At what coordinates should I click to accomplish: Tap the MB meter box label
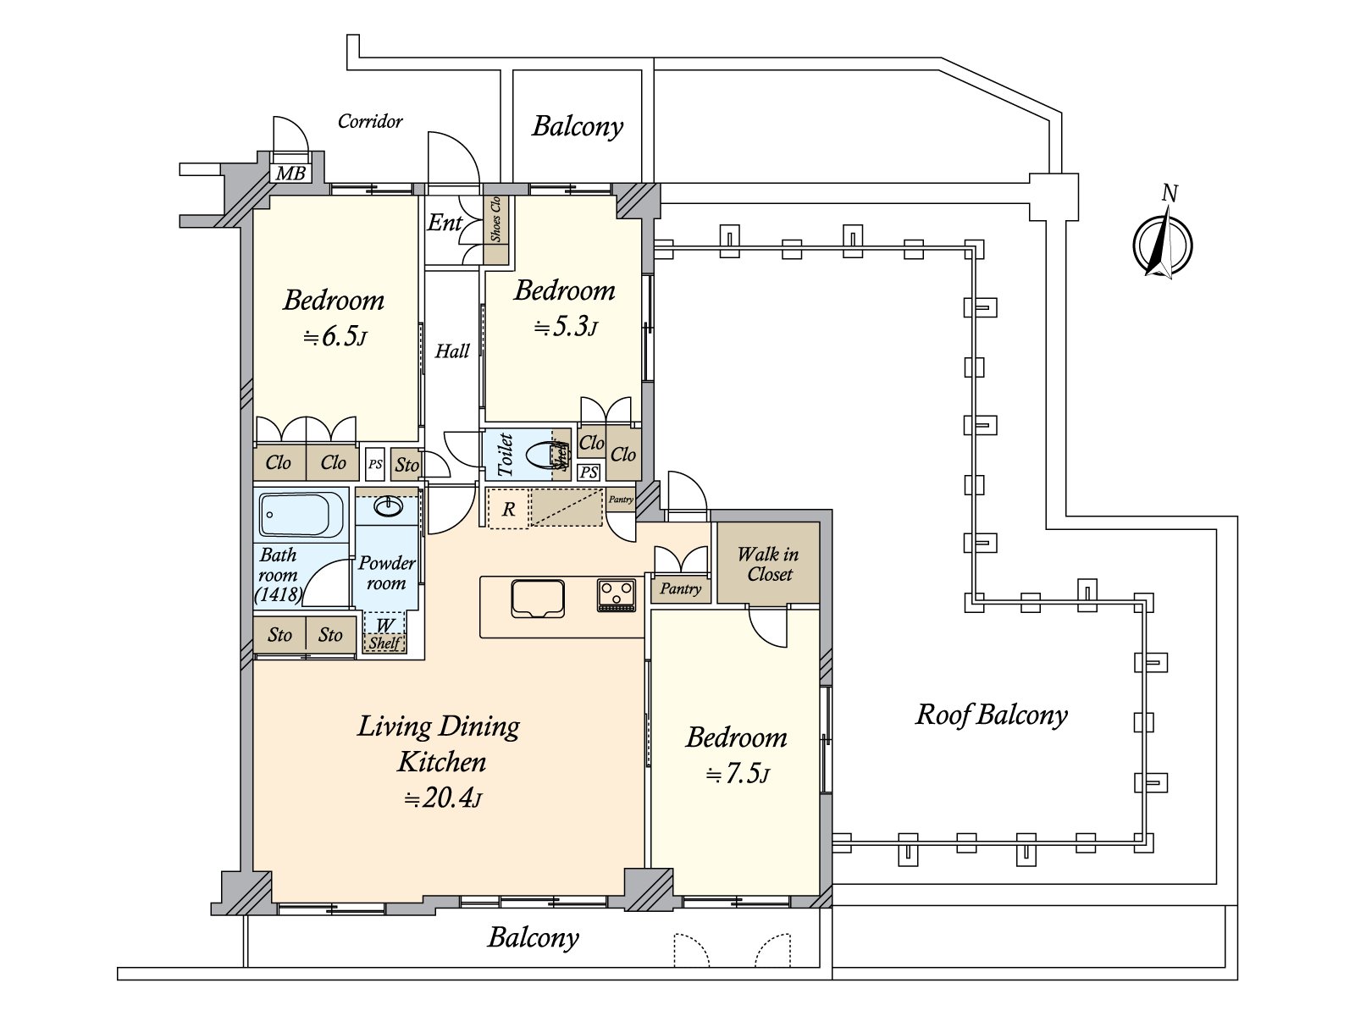[290, 174]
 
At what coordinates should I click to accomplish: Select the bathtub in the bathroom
[301, 515]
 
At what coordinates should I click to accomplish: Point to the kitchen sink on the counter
[538, 599]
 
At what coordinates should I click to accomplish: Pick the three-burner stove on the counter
[616, 594]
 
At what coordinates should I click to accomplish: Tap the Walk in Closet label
[769, 564]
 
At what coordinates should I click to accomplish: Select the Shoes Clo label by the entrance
[495, 219]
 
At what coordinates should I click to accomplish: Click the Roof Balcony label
[992, 715]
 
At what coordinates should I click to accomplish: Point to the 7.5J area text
[738, 774]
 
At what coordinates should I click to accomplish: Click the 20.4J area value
[443, 798]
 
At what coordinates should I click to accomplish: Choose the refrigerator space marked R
[508, 509]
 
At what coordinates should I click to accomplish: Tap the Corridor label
[370, 121]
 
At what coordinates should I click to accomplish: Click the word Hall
[452, 351]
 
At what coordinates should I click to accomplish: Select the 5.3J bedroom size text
[566, 326]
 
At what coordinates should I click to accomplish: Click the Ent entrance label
[445, 222]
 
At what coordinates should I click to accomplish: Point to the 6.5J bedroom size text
[335, 337]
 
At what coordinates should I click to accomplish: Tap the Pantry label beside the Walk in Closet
[680, 589]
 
